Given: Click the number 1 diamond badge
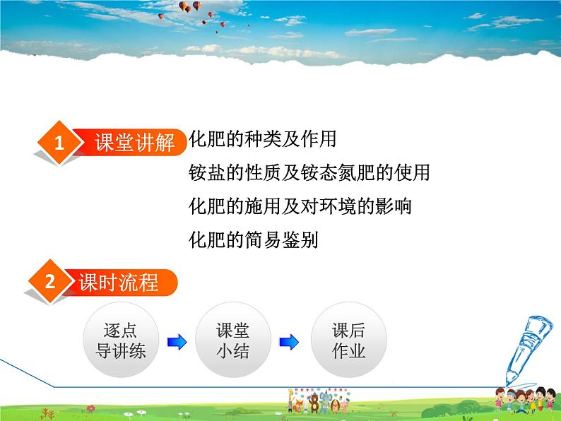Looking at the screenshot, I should (x=59, y=143).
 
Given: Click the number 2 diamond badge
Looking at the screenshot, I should (x=49, y=283).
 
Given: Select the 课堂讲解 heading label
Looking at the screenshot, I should (x=134, y=143).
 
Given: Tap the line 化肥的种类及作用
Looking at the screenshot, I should (x=263, y=139).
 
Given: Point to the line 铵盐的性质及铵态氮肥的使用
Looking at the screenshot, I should (x=309, y=173).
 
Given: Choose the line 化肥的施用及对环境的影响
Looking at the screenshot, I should (x=301, y=206).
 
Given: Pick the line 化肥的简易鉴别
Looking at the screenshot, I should (x=254, y=240).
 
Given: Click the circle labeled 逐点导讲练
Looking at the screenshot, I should (x=120, y=341).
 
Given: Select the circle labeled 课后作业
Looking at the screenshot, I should (x=348, y=341).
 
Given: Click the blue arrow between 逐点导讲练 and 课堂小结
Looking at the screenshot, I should (x=177, y=343).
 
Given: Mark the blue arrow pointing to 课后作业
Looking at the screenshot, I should (x=290, y=343).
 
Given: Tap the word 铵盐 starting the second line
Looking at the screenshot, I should (x=207, y=173).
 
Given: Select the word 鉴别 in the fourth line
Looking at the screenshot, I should (x=302, y=240).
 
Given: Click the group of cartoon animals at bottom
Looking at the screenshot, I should (x=311, y=405).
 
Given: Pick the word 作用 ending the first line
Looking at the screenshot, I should (x=319, y=139).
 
